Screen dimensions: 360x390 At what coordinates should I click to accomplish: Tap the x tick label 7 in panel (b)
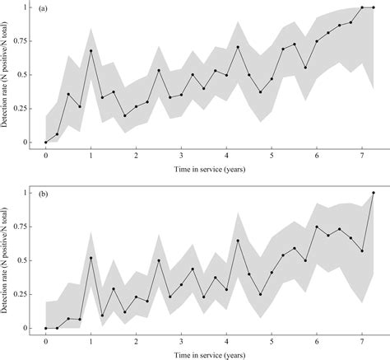pos(361,339)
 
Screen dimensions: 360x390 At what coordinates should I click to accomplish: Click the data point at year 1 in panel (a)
pos(91,51)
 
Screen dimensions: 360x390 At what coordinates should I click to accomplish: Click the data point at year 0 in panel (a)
pos(46,142)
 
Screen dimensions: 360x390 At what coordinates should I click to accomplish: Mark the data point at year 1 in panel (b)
pos(91,258)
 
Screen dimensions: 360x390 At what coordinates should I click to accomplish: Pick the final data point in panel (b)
pos(373,193)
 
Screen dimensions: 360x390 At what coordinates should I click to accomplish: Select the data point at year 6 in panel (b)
pos(317,227)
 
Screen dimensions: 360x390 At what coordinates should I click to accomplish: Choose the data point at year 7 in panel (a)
pos(362,7)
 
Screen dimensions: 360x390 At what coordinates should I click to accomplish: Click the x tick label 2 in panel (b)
pos(136,339)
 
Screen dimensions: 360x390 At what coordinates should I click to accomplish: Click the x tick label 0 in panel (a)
pos(46,154)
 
